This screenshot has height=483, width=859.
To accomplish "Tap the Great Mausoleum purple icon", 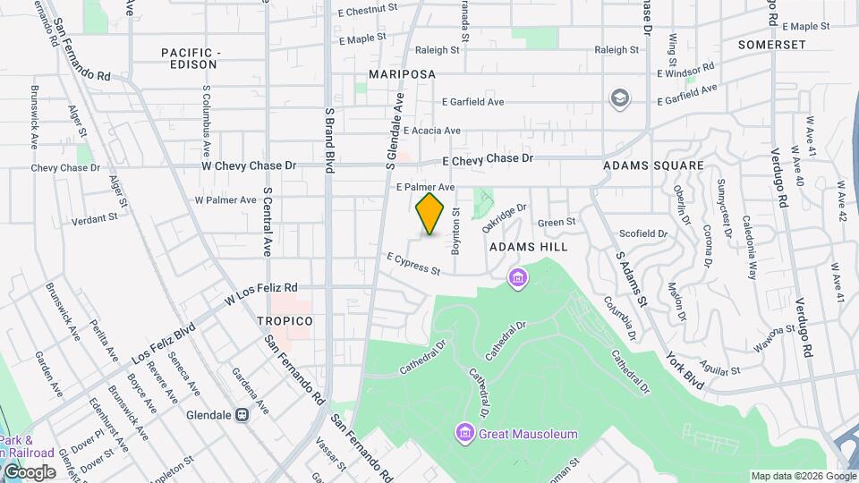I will (x=464, y=434).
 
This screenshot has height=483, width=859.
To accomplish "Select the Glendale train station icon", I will (x=242, y=415).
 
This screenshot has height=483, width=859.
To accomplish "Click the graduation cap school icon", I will (x=618, y=97).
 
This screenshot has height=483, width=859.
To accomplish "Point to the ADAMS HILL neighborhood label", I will (x=528, y=245).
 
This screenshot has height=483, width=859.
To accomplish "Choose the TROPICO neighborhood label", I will (x=285, y=320).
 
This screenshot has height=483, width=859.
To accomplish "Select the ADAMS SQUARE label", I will (x=653, y=165).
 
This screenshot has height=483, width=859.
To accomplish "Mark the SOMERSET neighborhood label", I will (x=772, y=44).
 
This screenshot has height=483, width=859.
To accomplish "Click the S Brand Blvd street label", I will (x=329, y=134).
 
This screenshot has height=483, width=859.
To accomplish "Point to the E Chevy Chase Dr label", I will (x=488, y=158).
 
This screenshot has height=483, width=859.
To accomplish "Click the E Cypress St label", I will (x=413, y=264).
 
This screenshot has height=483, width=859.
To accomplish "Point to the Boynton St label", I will (x=455, y=233).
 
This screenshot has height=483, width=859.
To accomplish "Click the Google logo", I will (x=30, y=471).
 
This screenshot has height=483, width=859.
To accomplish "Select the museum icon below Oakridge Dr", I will (x=516, y=278).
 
